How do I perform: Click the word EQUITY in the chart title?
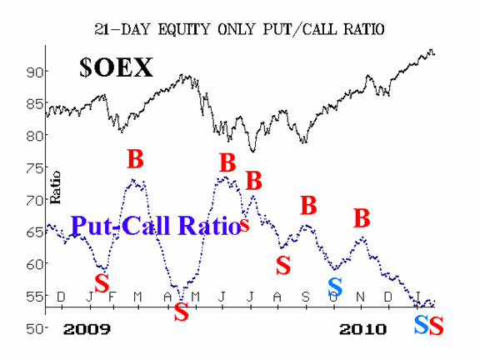pos(183,29)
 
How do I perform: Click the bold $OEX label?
pos(116,67)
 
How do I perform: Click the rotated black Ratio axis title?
pos(55,187)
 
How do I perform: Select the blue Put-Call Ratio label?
pos(156,225)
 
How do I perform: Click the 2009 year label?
pos(87,329)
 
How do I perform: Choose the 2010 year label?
pos(362,329)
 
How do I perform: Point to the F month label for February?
pos(112,297)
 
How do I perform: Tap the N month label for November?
pos(361,297)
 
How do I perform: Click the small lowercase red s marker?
pos(244,224)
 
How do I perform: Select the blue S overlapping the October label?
pos(335,287)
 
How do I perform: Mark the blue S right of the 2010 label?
pos(421,325)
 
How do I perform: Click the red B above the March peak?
pos(135,159)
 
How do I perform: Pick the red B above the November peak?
pos(362,218)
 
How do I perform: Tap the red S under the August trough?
pos(283,265)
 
